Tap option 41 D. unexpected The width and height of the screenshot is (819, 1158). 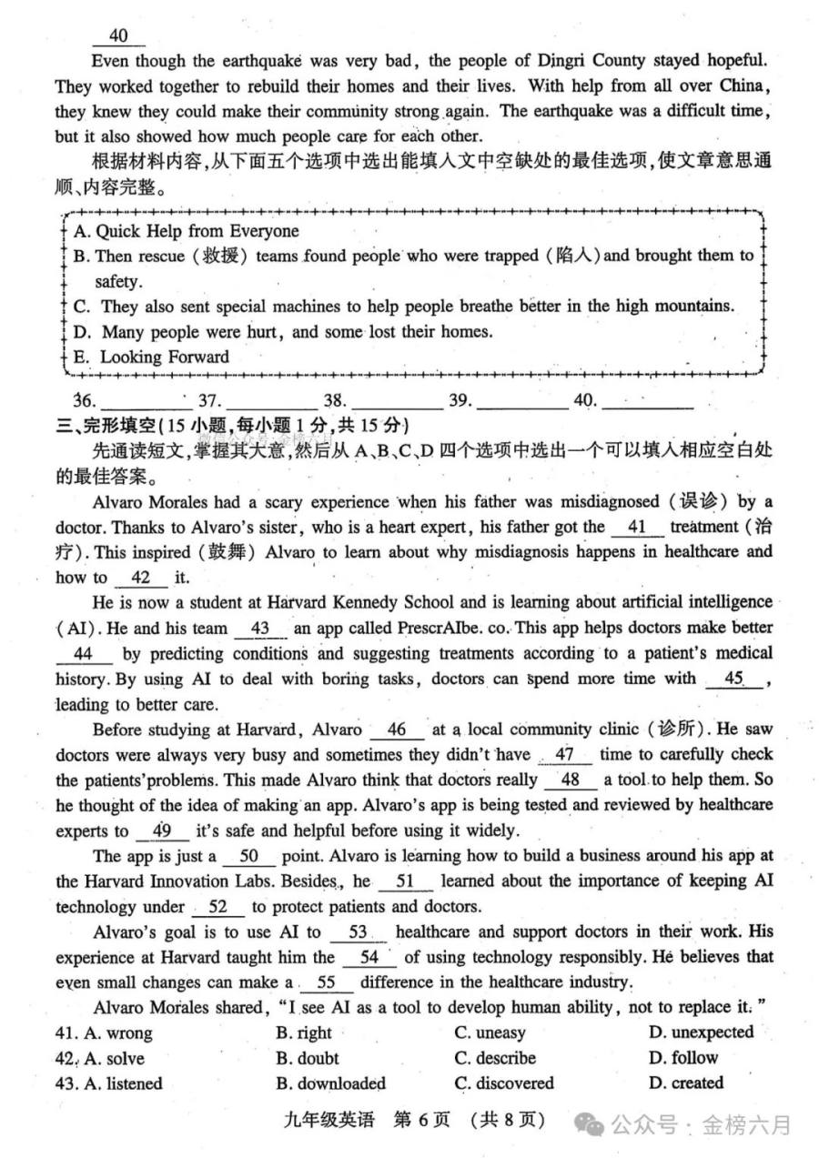coord(701,1032)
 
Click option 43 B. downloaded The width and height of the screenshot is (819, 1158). coord(330,1083)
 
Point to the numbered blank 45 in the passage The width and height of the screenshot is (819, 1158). coord(733,678)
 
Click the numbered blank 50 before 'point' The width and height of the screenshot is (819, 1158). coord(248,856)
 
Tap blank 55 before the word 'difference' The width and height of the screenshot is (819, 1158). coord(325,982)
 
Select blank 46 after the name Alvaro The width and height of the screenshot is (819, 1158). coord(397,730)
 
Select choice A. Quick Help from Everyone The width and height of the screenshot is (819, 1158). coord(186,231)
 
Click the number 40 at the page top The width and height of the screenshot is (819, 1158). coord(117,35)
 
